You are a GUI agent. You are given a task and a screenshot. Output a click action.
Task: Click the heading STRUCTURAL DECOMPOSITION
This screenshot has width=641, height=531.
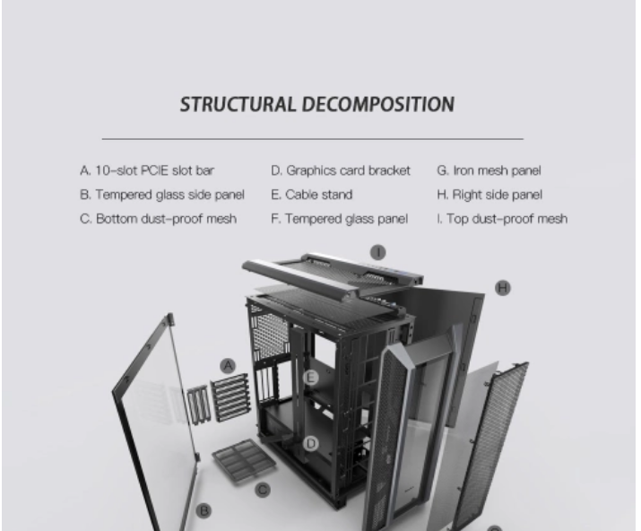(317, 104)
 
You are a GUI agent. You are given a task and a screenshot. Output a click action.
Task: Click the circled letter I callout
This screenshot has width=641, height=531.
(378, 252)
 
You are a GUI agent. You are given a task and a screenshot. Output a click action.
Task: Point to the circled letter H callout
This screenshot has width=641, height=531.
(503, 288)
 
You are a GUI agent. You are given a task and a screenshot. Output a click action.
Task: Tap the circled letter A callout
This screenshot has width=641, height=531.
(228, 365)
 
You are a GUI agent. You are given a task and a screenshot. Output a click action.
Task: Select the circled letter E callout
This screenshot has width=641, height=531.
(311, 378)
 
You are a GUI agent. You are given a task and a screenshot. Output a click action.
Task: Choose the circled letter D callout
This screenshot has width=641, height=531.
(311, 443)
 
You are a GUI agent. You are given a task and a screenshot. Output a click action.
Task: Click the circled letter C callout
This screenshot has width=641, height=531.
(263, 490)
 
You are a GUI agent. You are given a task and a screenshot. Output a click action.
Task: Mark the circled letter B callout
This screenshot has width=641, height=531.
(204, 510)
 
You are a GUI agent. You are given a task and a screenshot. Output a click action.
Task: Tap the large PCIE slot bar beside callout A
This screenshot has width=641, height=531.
(230, 396)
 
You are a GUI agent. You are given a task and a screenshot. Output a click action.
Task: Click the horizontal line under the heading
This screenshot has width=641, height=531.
(313, 139)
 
